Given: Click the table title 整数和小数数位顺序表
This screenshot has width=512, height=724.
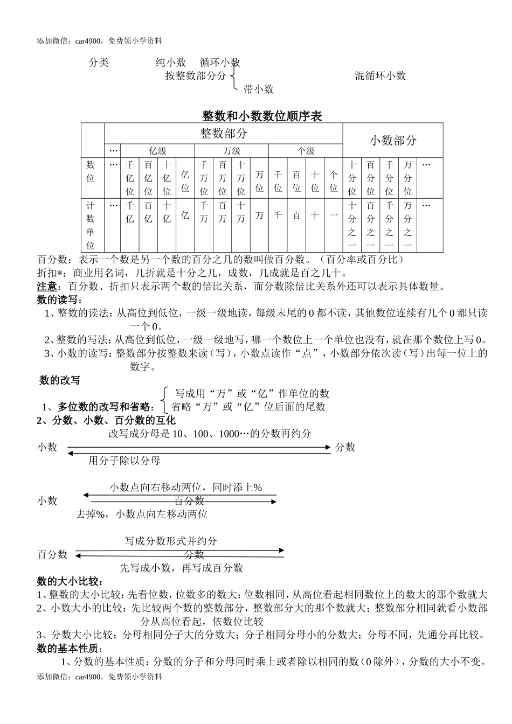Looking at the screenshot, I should (261, 116).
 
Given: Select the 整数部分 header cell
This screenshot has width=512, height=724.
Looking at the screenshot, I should (224, 133).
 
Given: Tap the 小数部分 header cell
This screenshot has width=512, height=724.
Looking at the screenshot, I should (393, 141).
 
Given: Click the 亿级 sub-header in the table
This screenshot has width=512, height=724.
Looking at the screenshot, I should (157, 151).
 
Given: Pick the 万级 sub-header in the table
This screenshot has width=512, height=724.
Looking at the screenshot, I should (231, 151).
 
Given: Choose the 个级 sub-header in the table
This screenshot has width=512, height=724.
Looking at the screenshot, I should (306, 151).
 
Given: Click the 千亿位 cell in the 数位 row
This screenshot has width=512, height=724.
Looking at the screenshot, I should (130, 178).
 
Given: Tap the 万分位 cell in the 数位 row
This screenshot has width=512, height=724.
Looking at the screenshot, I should (407, 178).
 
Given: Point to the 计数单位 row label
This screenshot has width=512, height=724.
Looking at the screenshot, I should (91, 225).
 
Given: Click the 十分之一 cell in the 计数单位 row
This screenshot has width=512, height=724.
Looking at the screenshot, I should (352, 225).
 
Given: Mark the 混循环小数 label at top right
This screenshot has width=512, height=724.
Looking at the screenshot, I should (380, 76).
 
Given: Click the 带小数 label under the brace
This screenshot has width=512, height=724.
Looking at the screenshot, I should (259, 89).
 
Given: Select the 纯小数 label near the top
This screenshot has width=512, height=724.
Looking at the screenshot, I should (171, 62).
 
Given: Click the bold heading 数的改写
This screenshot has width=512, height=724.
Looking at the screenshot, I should (59, 380).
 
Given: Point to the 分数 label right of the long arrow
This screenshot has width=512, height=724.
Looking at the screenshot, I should (345, 447).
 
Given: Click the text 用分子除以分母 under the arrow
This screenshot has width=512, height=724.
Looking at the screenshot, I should (124, 461).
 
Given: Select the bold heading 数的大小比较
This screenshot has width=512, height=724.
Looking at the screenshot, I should (70, 581).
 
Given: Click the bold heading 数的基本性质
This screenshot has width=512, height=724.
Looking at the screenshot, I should (70, 649).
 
